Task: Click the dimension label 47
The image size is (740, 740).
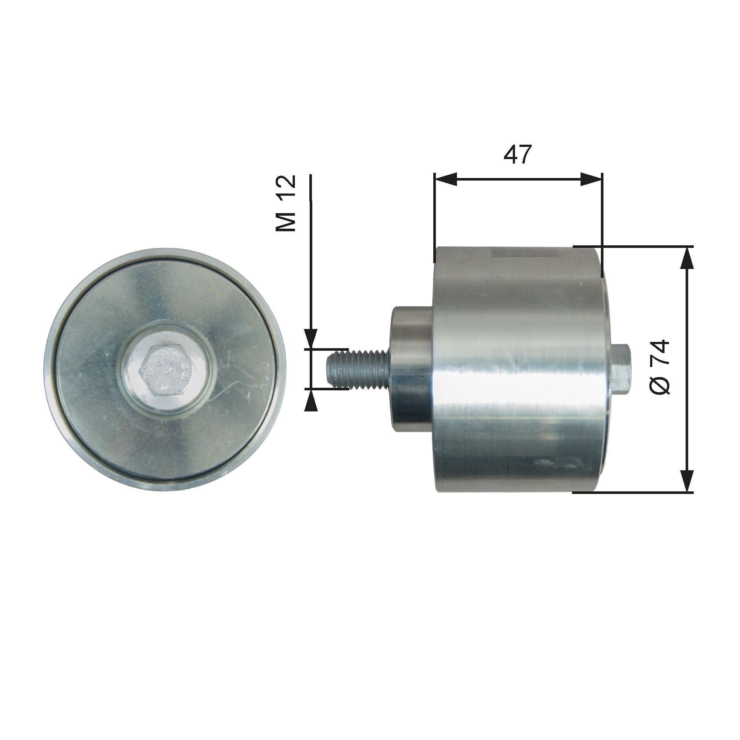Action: pos(518,155)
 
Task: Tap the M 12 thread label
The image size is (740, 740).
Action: pos(286,203)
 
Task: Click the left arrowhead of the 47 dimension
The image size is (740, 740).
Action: pos(446,179)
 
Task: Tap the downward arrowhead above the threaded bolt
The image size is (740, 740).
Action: pos(312,339)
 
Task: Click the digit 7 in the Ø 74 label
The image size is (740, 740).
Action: pos(660,360)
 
